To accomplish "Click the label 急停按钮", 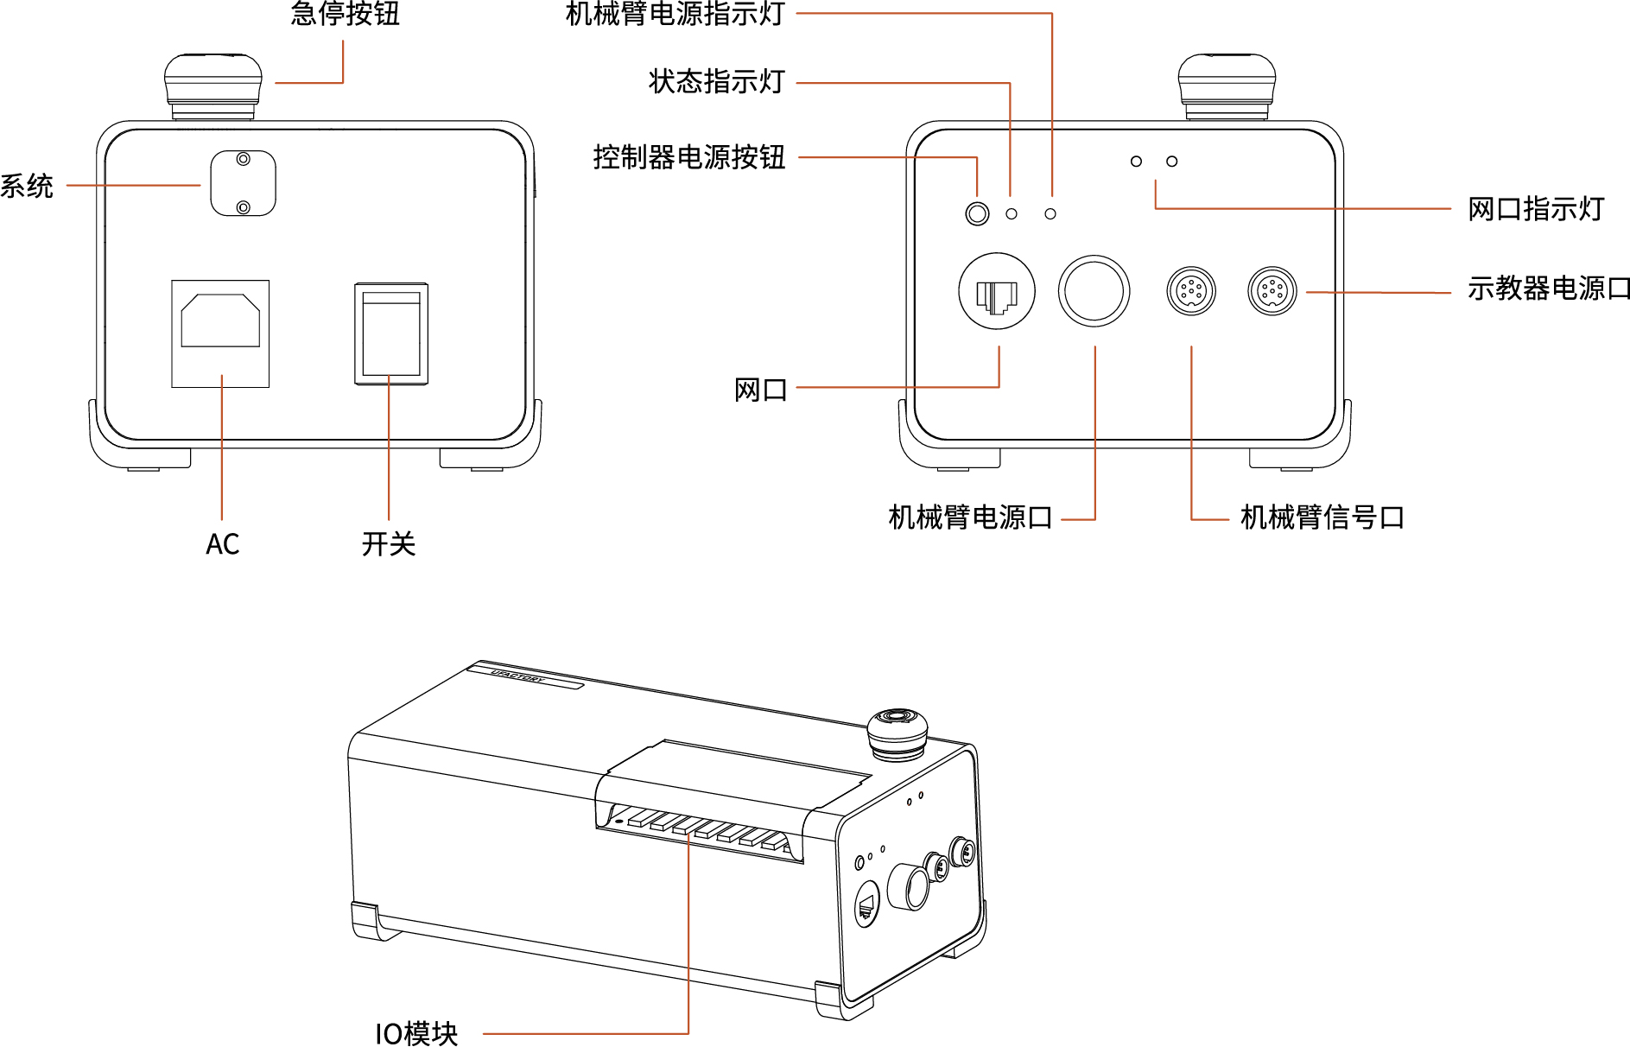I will [x=346, y=14].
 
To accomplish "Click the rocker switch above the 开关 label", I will [x=391, y=333].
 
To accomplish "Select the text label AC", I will [x=222, y=544].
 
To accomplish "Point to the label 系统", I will [x=26, y=186].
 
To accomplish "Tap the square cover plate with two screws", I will [x=243, y=183].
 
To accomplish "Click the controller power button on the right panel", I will [x=977, y=213].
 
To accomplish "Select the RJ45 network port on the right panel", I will [x=997, y=292].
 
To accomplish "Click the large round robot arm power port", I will [x=1094, y=291].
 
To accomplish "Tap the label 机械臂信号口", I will [x=1322, y=517].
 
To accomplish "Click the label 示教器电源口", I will [x=1548, y=289].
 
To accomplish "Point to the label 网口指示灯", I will [x=1535, y=209].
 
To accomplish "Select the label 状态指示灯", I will [x=716, y=82].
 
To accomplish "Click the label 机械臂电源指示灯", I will [x=675, y=14].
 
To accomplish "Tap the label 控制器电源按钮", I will [x=688, y=157].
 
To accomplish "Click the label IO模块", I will [x=415, y=1033].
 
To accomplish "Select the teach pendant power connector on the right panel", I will [x=1272, y=291].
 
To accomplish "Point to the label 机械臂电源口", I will [x=970, y=517].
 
